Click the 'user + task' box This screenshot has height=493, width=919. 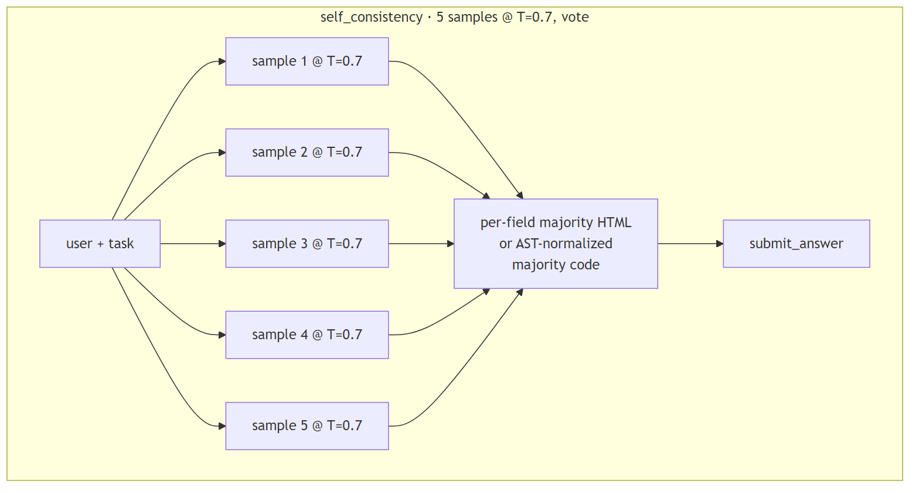pos(100,244)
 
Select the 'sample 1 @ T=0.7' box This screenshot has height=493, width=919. pos(307,62)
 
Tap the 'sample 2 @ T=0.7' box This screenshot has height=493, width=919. pos(307,153)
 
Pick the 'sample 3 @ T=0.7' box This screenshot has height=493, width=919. pos(307,244)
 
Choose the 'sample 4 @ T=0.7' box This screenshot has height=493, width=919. pos(307,335)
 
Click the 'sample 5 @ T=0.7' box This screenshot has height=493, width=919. pos(307,426)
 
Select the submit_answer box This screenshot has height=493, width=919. pos(796,244)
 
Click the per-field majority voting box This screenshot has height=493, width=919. pos(555,244)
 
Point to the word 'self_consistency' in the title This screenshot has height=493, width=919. pos(371,17)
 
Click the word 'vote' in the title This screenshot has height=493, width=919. pos(575,17)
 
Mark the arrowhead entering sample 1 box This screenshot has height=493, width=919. pos(222,62)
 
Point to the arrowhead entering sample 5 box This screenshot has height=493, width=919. pos(222,426)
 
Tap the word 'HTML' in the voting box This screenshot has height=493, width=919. pos(614,222)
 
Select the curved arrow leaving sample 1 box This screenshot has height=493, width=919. pos(463,117)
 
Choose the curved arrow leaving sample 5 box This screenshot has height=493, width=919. pos(463,370)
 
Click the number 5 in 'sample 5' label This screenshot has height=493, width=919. pos(304,426)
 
